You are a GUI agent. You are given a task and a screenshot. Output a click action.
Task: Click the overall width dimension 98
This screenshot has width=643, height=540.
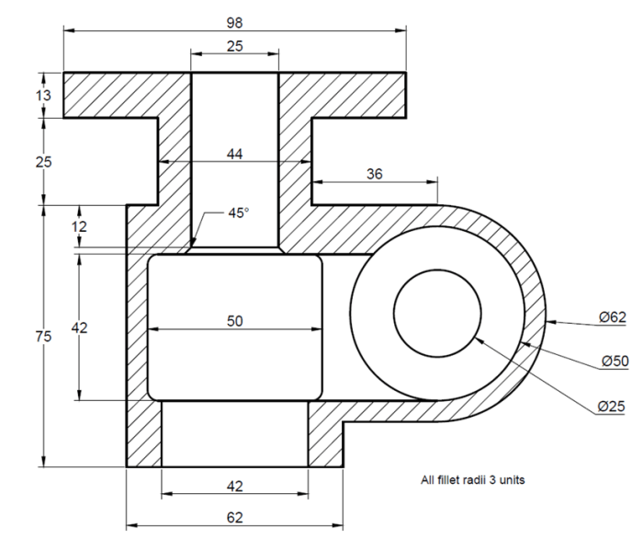234,23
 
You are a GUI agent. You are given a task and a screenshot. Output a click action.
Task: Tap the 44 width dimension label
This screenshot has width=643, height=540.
234,154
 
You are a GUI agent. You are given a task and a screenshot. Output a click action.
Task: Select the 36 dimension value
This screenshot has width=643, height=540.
375,174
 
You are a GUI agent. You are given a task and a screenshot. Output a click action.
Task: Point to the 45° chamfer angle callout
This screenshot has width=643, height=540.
239,213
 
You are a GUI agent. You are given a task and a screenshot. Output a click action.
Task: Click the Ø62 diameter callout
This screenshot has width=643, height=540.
613,317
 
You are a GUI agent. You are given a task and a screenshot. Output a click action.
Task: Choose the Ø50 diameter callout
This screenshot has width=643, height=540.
615,361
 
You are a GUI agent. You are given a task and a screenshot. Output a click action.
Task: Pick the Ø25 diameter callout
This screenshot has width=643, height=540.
611,406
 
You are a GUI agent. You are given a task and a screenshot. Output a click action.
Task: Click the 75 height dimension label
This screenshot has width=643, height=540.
43,337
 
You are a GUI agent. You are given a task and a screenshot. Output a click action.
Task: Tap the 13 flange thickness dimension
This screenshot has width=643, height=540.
43,96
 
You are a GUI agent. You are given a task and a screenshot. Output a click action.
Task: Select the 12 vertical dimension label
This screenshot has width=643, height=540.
79,226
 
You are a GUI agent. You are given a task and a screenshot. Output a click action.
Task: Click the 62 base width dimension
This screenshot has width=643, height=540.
234,517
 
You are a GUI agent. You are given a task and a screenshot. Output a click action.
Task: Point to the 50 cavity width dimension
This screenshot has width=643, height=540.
234,321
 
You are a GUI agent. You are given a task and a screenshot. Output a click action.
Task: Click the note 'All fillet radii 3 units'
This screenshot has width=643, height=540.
472,479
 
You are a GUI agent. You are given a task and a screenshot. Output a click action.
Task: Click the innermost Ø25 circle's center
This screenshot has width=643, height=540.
437,314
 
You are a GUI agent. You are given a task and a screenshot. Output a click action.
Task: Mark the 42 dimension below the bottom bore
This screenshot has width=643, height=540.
234,487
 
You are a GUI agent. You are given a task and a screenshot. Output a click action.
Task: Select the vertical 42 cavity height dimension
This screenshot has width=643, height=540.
79,327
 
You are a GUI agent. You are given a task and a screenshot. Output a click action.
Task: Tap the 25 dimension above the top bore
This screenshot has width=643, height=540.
234,46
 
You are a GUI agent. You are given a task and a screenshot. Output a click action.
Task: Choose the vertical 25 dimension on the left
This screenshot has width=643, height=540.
43,162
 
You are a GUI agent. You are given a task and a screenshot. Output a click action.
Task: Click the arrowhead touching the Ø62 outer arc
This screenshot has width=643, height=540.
551,322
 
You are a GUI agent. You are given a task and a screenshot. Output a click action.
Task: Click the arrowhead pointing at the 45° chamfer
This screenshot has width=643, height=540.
194,242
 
